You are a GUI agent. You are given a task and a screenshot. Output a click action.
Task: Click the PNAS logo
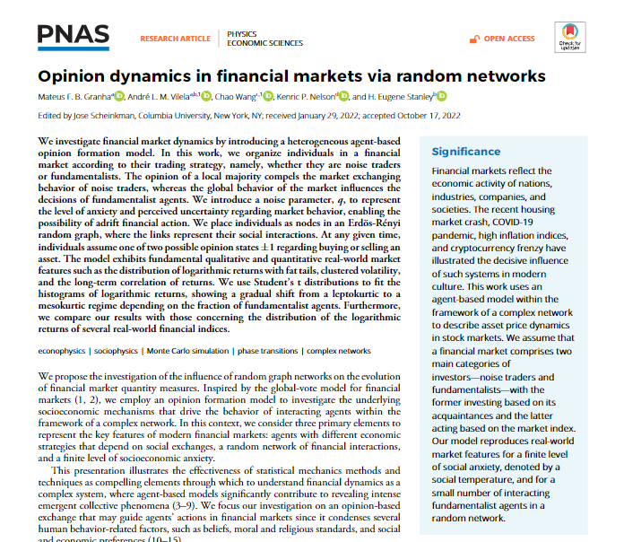point(74,36)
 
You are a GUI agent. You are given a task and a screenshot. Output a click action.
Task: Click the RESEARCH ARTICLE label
point(175,39)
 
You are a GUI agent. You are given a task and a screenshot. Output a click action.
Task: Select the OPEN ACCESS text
point(509,39)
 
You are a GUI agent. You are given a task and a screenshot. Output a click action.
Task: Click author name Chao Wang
point(237,97)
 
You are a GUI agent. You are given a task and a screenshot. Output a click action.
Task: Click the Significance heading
point(466,152)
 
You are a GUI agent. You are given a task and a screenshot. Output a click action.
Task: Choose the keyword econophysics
point(61,349)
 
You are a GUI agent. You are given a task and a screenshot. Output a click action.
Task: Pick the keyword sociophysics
point(116,349)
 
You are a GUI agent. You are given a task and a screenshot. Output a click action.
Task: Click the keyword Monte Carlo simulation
point(189,349)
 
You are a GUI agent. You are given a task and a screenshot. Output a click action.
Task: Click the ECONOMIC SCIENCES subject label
point(262,43)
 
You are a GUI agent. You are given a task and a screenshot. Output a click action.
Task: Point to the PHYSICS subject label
point(242,33)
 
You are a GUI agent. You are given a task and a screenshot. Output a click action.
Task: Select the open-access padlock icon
point(476,39)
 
